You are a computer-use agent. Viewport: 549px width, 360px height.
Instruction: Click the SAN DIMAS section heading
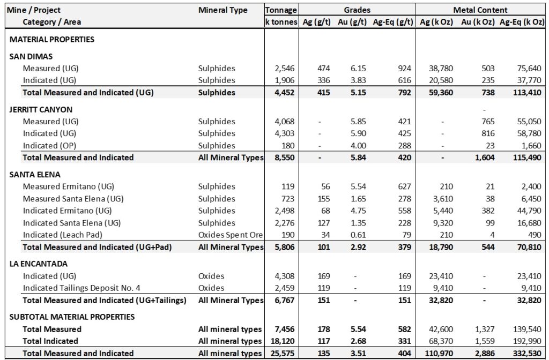31,56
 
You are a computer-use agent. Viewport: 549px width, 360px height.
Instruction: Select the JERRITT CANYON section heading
41,109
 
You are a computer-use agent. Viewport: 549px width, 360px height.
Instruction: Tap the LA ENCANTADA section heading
38,264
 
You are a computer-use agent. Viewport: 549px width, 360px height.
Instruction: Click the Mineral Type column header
223,10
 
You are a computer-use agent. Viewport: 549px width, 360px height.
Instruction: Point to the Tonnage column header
281,10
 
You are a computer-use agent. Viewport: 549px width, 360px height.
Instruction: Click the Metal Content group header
480,10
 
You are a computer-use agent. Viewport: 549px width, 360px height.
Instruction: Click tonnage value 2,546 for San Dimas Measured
284,69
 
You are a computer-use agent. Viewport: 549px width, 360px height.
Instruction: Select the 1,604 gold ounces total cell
483,157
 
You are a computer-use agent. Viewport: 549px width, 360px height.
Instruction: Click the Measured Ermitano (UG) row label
68,186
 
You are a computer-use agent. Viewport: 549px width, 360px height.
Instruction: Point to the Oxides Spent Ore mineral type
231,235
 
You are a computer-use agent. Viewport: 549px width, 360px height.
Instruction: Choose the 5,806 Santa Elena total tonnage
284,247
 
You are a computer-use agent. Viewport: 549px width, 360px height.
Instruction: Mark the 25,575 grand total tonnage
282,353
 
